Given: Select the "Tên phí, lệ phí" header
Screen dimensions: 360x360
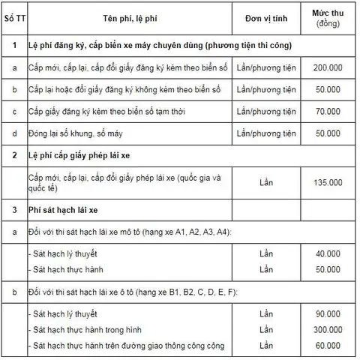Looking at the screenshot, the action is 124,18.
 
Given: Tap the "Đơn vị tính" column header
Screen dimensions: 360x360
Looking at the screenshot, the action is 267,18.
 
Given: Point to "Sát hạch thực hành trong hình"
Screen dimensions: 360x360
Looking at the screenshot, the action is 88,329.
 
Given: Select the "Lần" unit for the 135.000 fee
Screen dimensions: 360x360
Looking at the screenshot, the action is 267,181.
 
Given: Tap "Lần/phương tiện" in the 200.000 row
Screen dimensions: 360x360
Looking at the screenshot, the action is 267,67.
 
